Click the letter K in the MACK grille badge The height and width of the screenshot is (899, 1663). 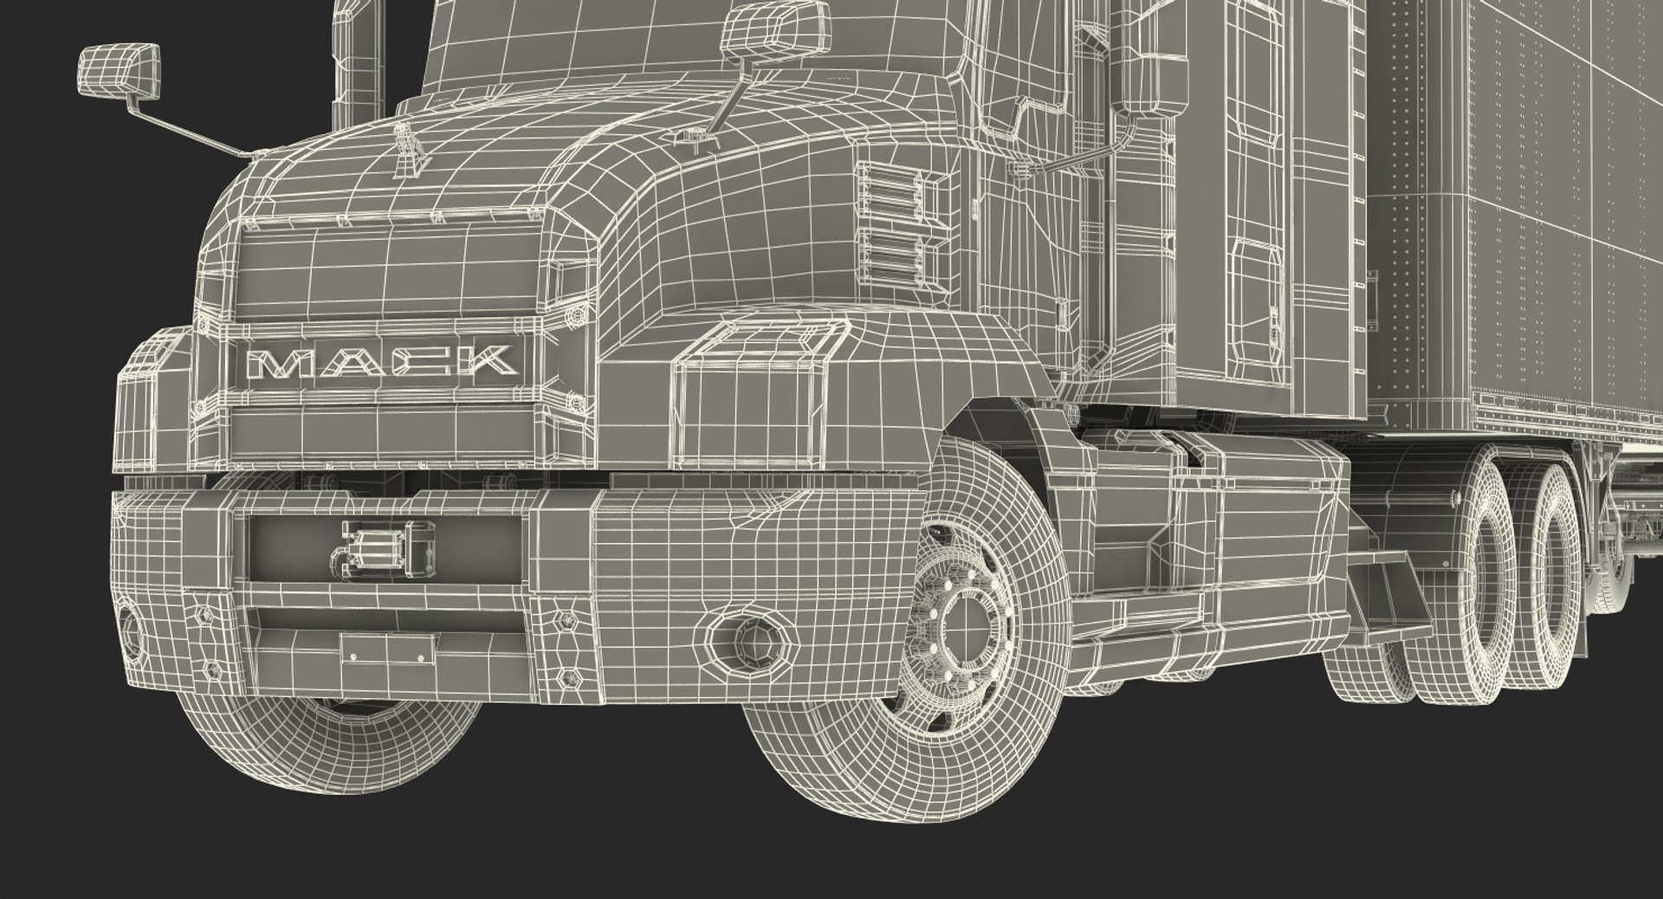click(489, 359)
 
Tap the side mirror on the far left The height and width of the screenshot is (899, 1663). click(120, 71)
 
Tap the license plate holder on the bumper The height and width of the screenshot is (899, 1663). click(388, 647)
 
